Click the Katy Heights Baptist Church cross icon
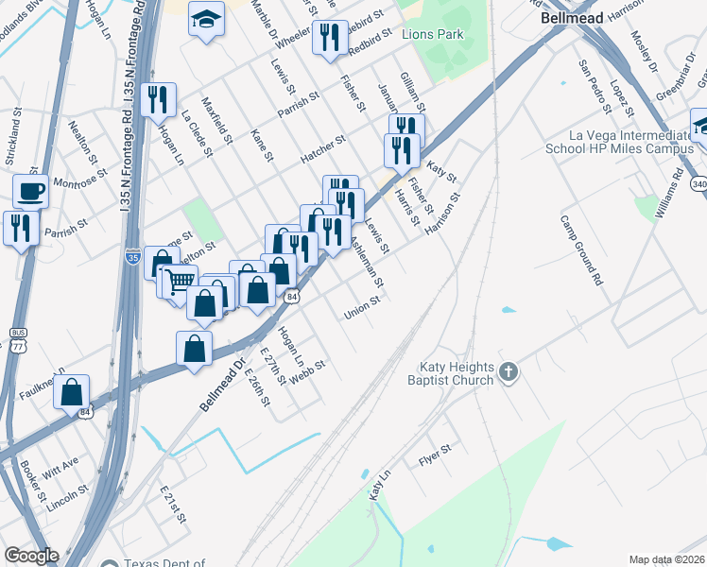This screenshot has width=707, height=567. [509, 371]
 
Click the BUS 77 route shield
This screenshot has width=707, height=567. [18, 339]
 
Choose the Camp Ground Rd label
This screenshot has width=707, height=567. [580, 250]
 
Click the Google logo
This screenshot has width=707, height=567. [31, 556]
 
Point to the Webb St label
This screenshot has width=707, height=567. [307, 369]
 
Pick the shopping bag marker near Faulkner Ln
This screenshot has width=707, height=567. [72, 391]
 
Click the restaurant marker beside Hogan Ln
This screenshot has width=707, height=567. [158, 99]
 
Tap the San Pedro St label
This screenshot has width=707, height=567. [594, 87]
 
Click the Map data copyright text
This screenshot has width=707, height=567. [666, 559]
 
